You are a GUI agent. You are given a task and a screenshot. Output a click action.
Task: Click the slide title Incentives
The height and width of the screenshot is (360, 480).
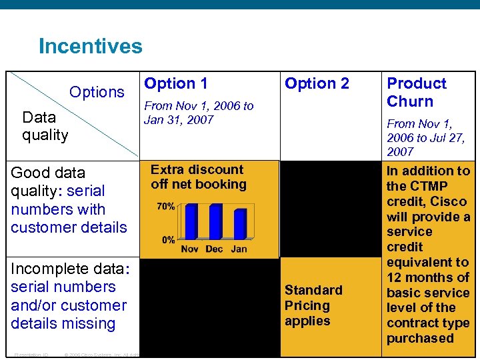click(90, 46)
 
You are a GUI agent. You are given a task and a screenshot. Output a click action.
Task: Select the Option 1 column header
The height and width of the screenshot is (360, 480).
click(176, 83)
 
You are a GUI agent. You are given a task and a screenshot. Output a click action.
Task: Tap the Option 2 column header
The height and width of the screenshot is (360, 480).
click(317, 83)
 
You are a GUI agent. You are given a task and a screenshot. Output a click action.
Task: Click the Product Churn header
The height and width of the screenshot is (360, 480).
click(416, 92)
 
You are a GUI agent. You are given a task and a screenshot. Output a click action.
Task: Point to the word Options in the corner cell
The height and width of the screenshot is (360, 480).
click(97, 91)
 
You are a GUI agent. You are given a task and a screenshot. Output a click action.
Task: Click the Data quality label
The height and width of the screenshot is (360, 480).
click(45, 126)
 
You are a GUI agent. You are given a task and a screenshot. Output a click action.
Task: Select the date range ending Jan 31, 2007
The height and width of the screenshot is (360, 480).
click(199, 113)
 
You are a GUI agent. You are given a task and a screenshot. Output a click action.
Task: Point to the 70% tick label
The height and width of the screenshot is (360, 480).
click(166, 207)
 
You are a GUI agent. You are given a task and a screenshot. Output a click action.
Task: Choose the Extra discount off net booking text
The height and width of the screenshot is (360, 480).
click(198, 177)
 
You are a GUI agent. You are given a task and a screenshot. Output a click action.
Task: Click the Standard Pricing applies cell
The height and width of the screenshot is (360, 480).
click(313, 305)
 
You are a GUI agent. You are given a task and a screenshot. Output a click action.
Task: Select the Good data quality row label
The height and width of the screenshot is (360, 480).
click(68, 199)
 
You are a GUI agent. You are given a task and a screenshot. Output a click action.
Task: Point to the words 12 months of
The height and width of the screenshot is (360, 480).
click(428, 277)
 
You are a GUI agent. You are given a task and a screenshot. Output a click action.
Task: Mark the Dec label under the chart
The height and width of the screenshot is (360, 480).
click(214, 249)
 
